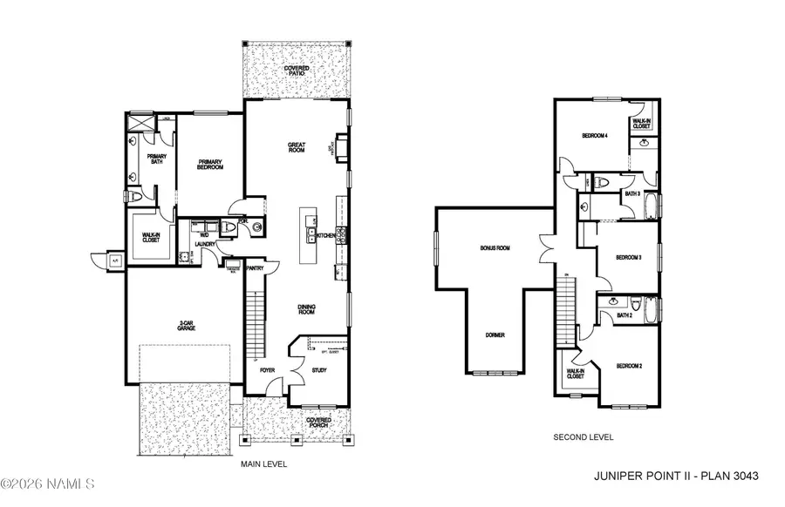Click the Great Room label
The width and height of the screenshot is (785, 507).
[297, 147]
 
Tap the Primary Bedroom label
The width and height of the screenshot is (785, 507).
[210, 164]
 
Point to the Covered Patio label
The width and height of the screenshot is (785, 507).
[297, 71]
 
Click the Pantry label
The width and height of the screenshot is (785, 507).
[255, 268]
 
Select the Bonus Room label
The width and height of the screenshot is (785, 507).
[495, 248]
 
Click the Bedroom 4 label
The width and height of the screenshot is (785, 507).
[596, 135]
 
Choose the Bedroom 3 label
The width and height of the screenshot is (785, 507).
[628, 257]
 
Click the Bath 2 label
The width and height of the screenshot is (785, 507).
[625, 315]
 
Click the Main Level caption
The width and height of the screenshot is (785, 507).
[263, 464]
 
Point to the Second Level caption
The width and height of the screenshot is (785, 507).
[584, 436]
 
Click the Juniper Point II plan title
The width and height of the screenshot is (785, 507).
[676, 476]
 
